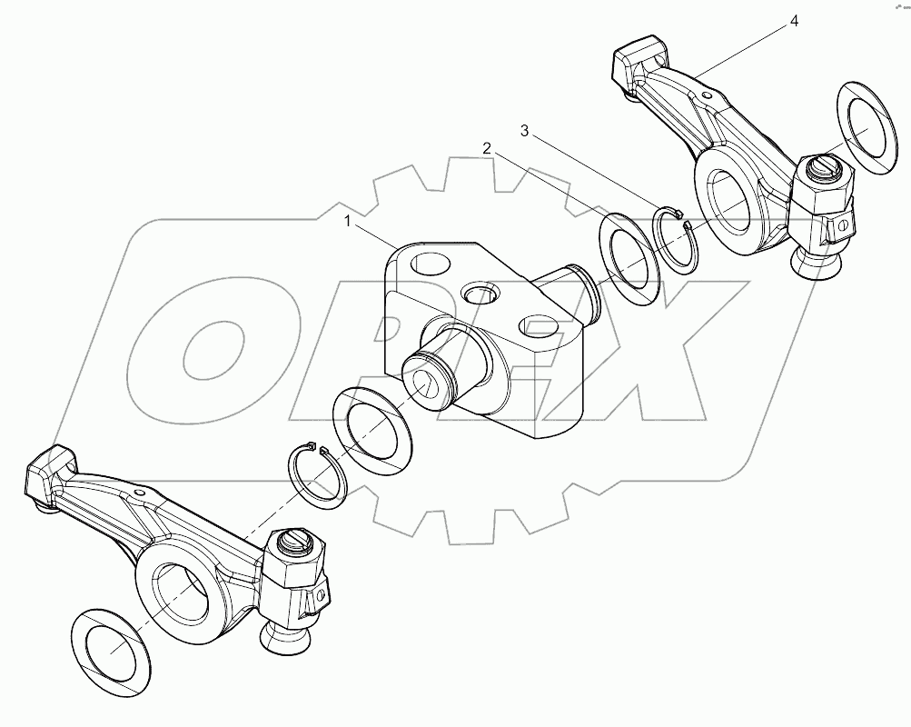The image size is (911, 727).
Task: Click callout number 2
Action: tap(488, 147)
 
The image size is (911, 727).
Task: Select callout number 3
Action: tap(525, 131)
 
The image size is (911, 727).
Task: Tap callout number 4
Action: tap(794, 21)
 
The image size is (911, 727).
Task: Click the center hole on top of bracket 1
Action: tap(479, 293)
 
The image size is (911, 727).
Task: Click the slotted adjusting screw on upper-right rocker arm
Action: tap(824, 167)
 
